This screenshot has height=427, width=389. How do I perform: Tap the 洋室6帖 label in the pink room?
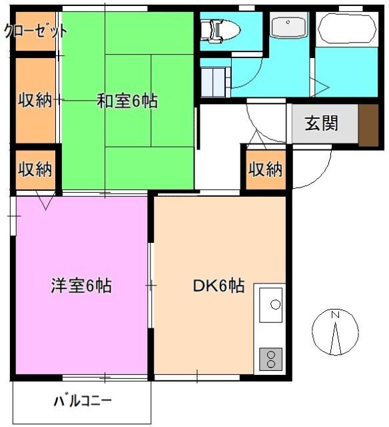(x=81, y=286)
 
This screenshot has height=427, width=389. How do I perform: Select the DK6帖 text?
(x=218, y=286)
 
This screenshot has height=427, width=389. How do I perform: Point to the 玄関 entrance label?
(x=322, y=123)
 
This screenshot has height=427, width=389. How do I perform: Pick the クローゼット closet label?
(x=35, y=31)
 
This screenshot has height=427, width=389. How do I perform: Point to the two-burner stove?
(x=270, y=359)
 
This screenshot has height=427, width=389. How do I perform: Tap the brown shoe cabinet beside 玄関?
(x=368, y=125)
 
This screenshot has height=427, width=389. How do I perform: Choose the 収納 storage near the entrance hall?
(x=265, y=169)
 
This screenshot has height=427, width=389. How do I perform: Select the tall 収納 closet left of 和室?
(x=35, y=101)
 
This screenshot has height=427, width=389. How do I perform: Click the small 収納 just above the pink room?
(x=35, y=169)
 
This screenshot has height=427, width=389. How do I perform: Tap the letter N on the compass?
(x=336, y=315)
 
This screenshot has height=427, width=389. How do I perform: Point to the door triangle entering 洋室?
(x=46, y=200)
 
